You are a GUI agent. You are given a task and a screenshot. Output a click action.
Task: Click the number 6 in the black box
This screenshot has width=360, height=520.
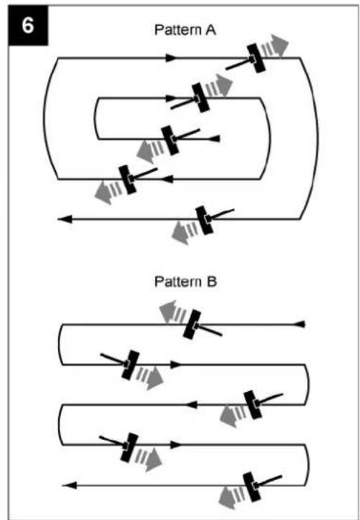coord(28,25)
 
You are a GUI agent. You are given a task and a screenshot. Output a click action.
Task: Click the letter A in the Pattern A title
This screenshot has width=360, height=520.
coord(210,30)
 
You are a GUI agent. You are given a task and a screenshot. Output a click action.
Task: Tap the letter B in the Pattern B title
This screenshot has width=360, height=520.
coord(211,282)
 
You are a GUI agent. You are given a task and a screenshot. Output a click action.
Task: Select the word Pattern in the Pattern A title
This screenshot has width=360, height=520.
coord(178,30)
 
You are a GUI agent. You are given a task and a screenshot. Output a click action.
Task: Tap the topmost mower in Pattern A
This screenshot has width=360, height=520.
coord(256,58)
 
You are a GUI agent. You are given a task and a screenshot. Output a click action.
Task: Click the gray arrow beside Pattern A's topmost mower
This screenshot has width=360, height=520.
coord(275,47)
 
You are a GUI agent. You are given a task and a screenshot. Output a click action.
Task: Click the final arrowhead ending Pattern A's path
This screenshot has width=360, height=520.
coord(64,219)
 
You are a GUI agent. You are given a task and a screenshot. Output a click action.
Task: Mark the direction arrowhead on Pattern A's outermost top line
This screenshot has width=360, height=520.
coord(172,58)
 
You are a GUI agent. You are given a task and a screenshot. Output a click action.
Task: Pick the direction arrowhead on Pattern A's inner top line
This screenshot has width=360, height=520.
coord(172,98)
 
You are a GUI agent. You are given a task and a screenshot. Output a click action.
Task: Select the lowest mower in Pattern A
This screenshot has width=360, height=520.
coord(205,220)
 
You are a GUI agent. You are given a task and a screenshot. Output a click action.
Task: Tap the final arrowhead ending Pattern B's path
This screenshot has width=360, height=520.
coord(69,486)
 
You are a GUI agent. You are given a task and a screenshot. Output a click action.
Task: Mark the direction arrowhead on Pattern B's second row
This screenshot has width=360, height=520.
coord(175,365)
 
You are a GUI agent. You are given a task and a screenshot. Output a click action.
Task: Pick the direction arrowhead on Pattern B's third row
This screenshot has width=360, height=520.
coord(192,405)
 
